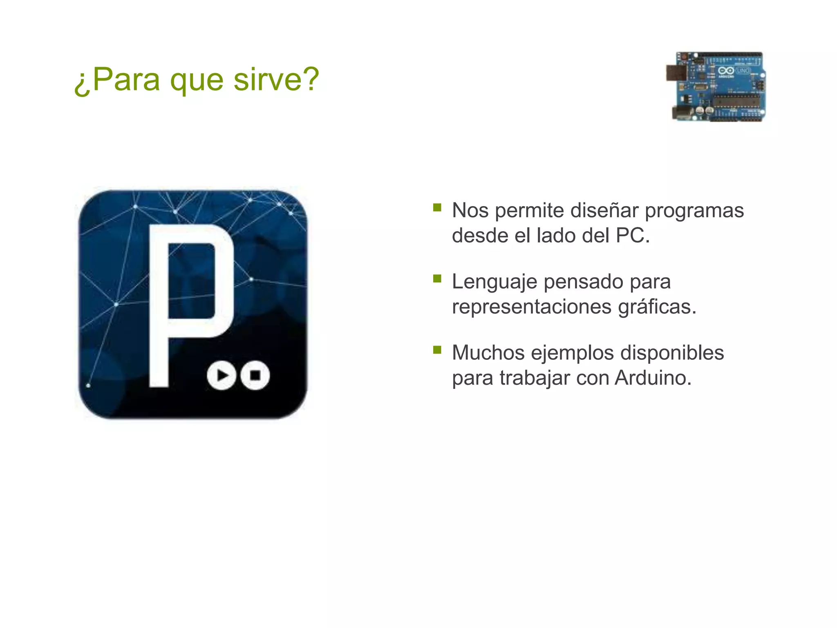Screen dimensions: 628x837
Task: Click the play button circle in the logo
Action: [x=222, y=375]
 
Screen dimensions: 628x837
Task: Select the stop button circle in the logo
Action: [x=255, y=375]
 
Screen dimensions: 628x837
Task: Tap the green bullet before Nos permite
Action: [x=437, y=208]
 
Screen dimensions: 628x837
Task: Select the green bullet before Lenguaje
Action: [x=437, y=279]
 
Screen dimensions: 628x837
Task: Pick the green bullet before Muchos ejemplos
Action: [x=437, y=350]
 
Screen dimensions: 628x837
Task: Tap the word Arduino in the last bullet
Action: [x=652, y=378]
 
